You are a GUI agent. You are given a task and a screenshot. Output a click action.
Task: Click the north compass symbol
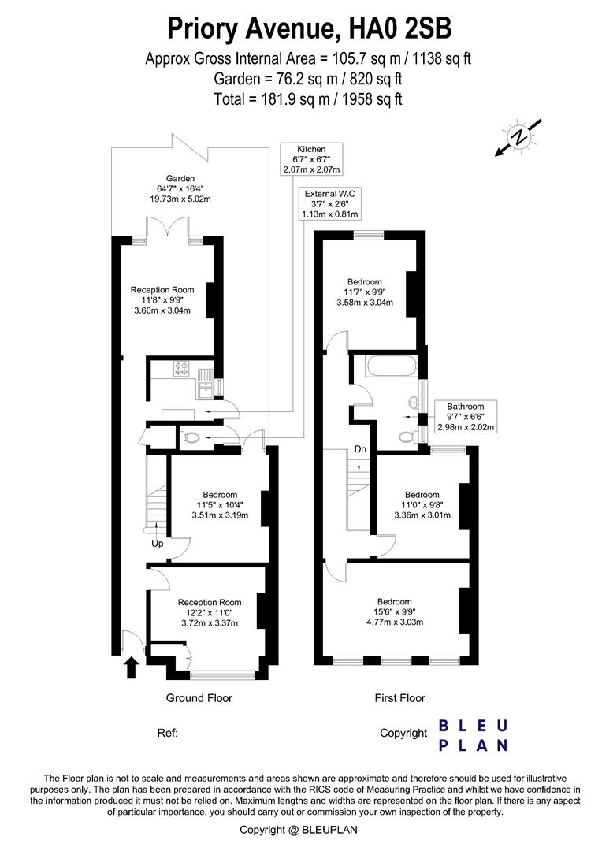coord(519,137)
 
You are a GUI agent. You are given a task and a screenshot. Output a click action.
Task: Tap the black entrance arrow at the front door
coord(131,667)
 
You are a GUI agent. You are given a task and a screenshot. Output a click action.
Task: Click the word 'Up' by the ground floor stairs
coord(158,543)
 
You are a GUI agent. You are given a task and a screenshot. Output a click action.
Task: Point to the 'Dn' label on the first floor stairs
coord(360,449)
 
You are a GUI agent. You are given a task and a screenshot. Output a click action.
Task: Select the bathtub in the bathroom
coord(393,367)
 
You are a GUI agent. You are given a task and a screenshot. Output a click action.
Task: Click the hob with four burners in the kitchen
coord(180,369)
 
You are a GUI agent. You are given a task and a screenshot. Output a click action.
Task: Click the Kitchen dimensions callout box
coord(311,159)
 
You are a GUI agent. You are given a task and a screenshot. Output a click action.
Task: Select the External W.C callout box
coord(330,203)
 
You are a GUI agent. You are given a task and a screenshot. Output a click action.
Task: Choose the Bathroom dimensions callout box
coord(466,416)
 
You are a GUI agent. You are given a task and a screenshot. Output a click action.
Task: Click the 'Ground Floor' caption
coord(199,698)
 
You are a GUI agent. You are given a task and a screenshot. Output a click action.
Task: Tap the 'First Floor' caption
coord(400,698)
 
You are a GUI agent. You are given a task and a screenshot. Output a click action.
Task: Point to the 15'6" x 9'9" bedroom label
coord(395,611)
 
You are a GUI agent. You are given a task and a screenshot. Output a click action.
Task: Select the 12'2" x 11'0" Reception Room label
coord(210,613)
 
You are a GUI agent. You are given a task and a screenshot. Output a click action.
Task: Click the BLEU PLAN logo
coord(473,735)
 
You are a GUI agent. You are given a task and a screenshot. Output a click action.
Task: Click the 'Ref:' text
coord(168,734)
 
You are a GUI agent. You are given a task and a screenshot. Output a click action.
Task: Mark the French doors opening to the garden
coord(169,227)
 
